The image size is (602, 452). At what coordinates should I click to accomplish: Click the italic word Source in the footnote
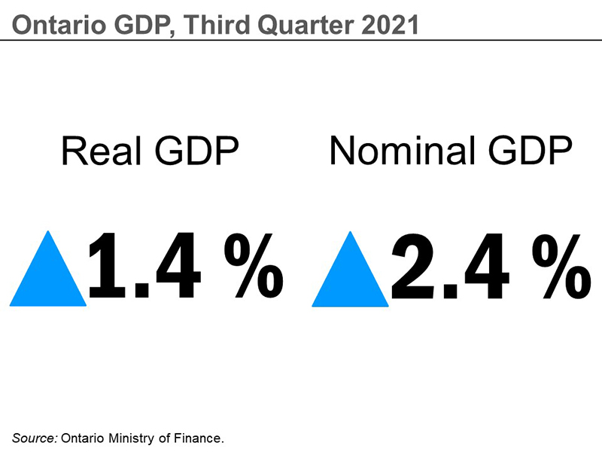(34, 438)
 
